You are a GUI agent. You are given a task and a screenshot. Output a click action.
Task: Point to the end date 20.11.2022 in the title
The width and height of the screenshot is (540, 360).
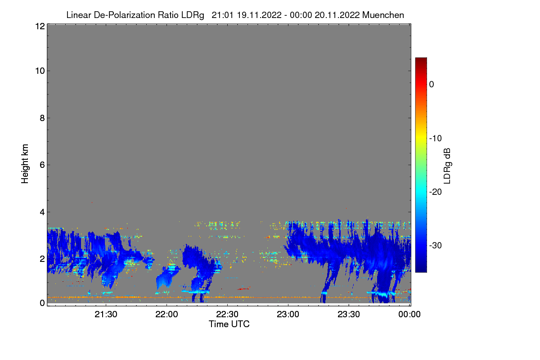click(x=337, y=15)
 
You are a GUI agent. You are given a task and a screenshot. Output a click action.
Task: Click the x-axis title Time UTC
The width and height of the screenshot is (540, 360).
click(x=229, y=324)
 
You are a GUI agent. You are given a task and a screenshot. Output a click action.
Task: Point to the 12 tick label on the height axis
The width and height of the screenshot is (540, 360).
click(x=40, y=26)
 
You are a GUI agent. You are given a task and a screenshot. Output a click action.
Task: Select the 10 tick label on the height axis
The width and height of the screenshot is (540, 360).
click(x=40, y=71)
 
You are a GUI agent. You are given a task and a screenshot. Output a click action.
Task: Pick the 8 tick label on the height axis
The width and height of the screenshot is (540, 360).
click(x=42, y=118)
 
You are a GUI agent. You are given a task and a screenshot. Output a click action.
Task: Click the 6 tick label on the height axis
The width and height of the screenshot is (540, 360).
click(x=42, y=165)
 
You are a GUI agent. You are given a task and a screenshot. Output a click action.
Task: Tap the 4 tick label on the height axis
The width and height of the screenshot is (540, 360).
click(x=42, y=212)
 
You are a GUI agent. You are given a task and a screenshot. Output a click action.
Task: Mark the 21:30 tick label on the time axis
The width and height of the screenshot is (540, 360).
click(x=106, y=315)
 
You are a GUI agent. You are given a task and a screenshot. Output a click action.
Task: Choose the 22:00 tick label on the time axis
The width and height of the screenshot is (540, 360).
click(x=166, y=315)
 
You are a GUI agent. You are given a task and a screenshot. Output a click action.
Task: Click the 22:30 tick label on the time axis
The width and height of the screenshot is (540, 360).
click(x=227, y=315)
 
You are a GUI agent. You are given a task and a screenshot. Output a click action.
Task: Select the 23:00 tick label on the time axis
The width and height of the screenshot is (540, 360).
click(x=288, y=315)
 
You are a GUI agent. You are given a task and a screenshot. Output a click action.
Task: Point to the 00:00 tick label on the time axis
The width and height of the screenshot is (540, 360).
click(x=409, y=315)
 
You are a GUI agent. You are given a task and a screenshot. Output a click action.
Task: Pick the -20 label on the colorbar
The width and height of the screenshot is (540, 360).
click(x=435, y=192)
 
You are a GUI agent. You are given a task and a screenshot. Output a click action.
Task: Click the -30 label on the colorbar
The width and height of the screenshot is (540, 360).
click(x=435, y=245)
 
